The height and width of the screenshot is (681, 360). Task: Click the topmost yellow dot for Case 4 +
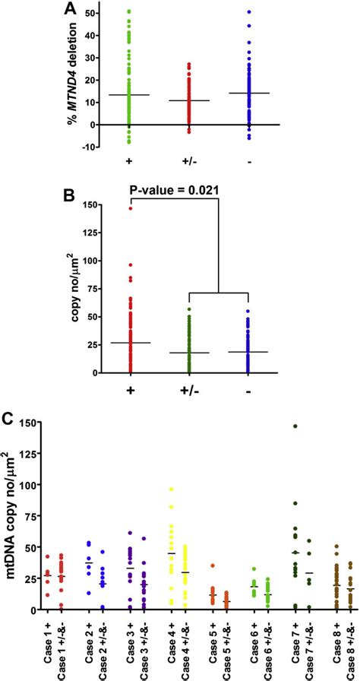click(x=171, y=489)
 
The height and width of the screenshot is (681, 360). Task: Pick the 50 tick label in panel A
click(x=90, y=14)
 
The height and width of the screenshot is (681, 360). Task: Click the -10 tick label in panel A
click(x=88, y=147)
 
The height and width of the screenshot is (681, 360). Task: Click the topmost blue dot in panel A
click(x=248, y=12)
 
